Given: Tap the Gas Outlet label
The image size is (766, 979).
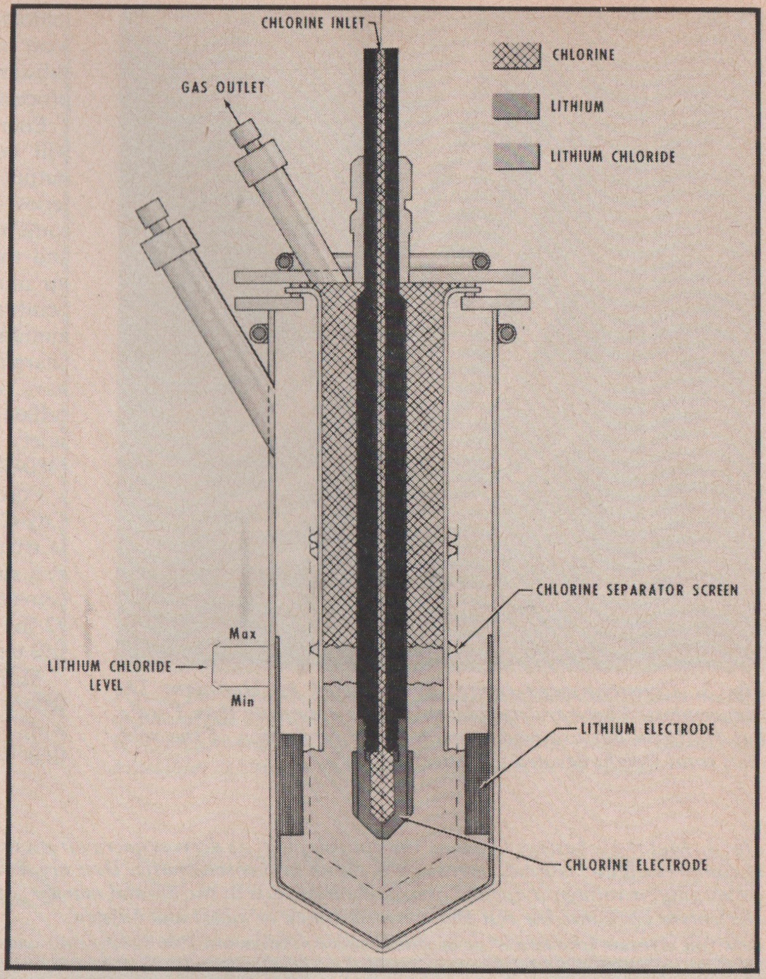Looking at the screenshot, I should (x=223, y=87).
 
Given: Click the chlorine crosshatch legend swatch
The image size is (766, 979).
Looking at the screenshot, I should (x=517, y=55).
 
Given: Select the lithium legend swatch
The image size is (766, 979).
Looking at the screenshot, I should (x=517, y=106).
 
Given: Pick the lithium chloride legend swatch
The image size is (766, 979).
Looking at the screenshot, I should (x=517, y=156).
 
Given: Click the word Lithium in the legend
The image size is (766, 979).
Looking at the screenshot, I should (x=577, y=106).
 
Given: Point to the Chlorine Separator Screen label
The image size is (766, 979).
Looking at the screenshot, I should (x=636, y=591).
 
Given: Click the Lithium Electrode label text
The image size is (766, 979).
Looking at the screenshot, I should (x=647, y=729).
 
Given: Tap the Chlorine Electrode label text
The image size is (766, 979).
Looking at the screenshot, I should (x=636, y=865).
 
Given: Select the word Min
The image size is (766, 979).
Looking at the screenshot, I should (x=243, y=701).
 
